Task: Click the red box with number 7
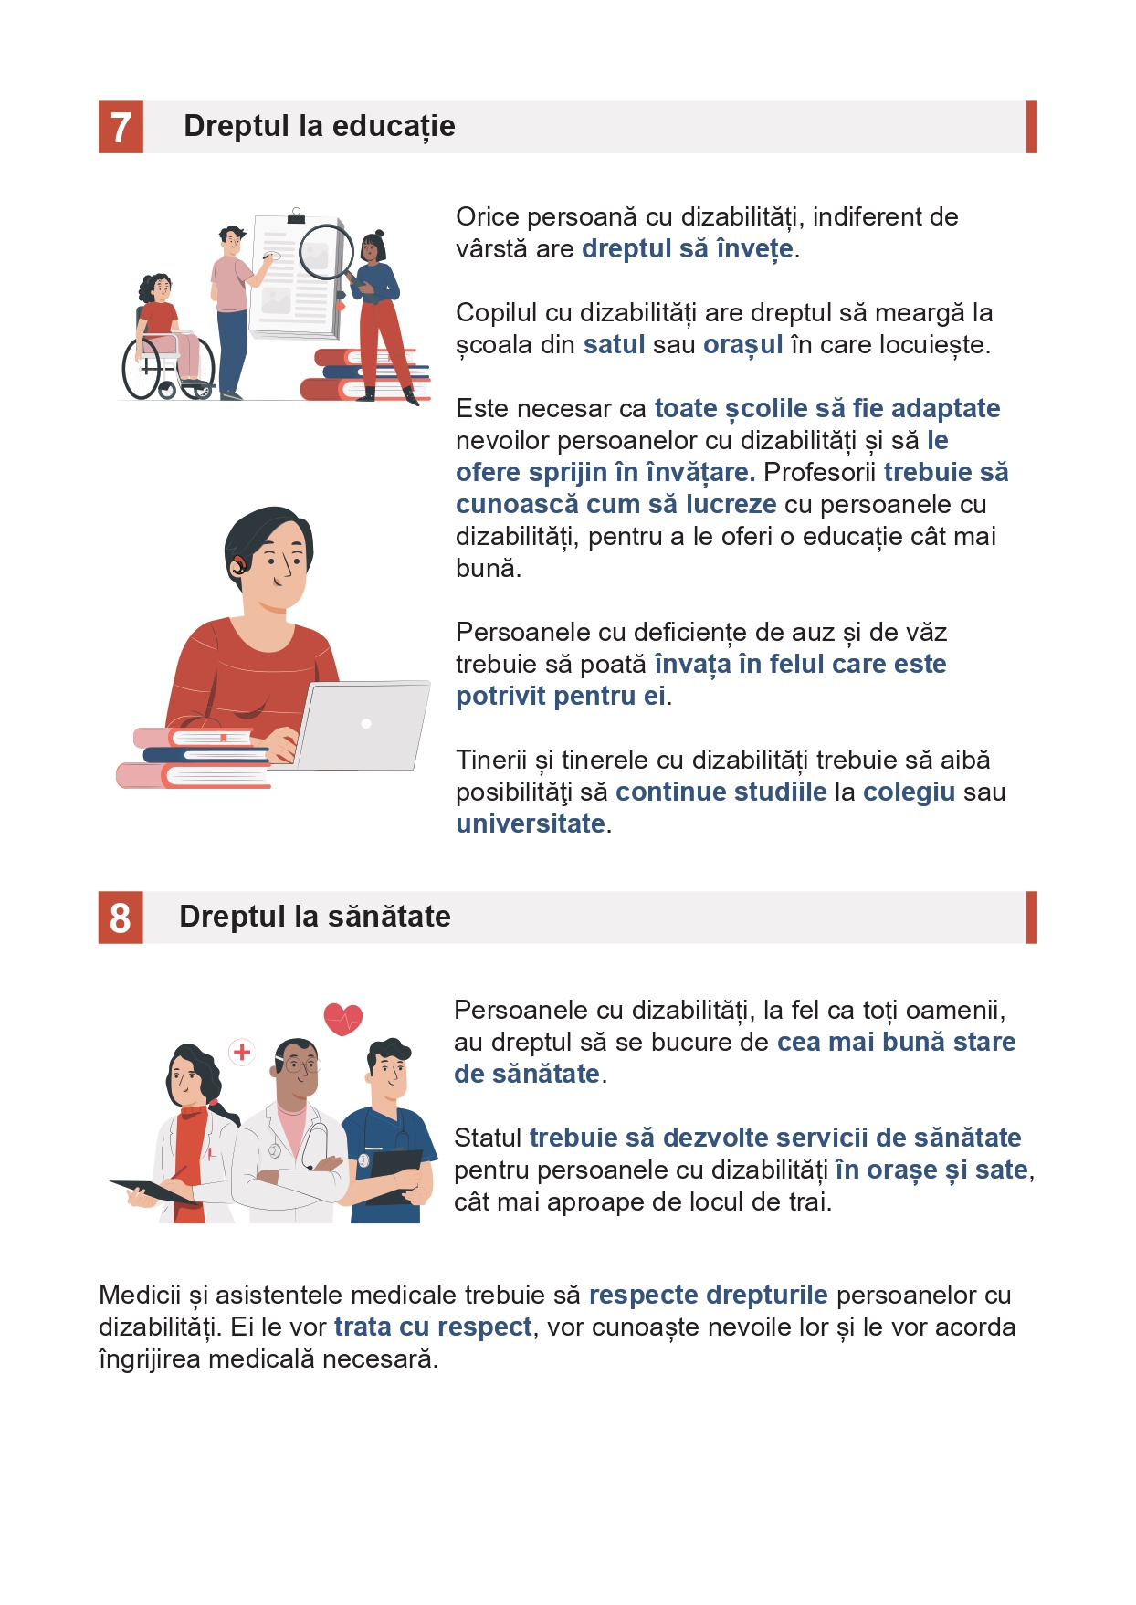click(x=121, y=127)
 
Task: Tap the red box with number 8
click(x=121, y=918)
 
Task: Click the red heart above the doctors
click(x=343, y=1019)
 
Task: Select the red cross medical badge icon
click(x=242, y=1053)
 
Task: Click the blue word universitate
click(x=531, y=823)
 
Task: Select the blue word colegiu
click(x=909, y=792)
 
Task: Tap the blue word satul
click(x=614, y=345)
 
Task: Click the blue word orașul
click(x=742, y=346)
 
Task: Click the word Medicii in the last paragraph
click(x=140, y=1295)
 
